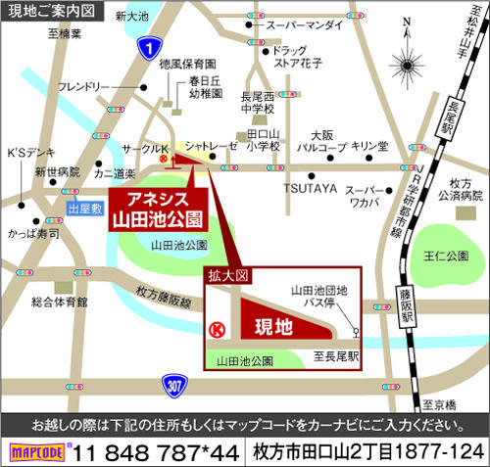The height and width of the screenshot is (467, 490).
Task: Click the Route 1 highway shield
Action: (147, 47)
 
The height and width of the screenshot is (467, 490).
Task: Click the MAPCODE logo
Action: (36, 452)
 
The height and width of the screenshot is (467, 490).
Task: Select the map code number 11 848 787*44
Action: (157, 452)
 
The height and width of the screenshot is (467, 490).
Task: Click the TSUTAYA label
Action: (310, 187)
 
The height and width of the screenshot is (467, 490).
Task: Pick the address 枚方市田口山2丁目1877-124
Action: (368, 452)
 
